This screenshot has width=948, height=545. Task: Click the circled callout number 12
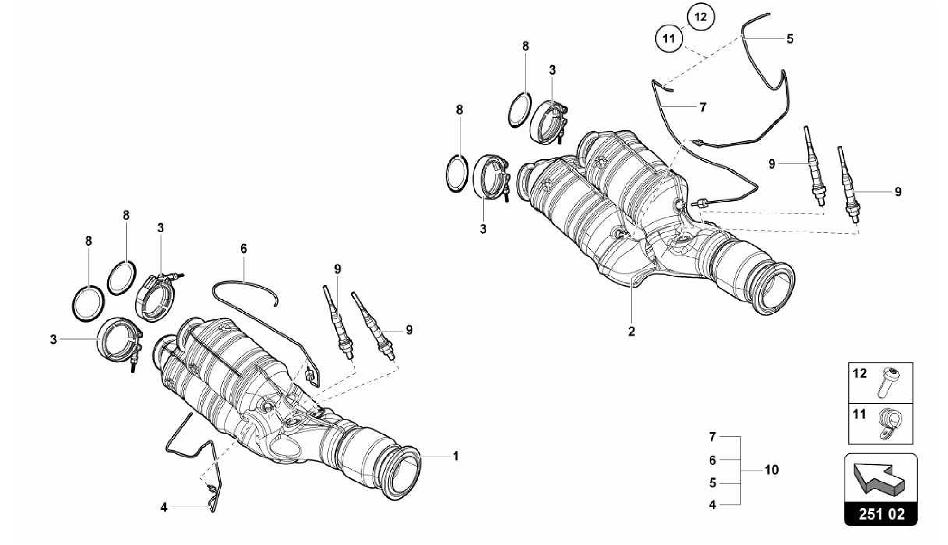pos(700,17)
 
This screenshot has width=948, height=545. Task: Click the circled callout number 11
pos(668,38)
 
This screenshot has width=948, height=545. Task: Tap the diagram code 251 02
pos(881,514)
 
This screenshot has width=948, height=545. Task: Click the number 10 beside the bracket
pos(771,470)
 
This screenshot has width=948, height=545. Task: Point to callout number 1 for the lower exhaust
pos(455,456)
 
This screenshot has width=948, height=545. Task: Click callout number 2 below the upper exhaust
pos(631,332)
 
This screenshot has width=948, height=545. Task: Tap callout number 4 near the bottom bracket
pos(164,507)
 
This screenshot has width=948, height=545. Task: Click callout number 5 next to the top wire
pos(790,39)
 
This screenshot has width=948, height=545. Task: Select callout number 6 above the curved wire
pos(243,249)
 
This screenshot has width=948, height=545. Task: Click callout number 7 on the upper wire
pos(703,107)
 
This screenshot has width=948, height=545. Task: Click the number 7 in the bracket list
pos(712,437)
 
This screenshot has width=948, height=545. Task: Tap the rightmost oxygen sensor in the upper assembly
pos(849,185)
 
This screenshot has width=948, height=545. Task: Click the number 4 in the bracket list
pos(712,505)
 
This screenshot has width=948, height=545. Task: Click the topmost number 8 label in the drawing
pos(525,46)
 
